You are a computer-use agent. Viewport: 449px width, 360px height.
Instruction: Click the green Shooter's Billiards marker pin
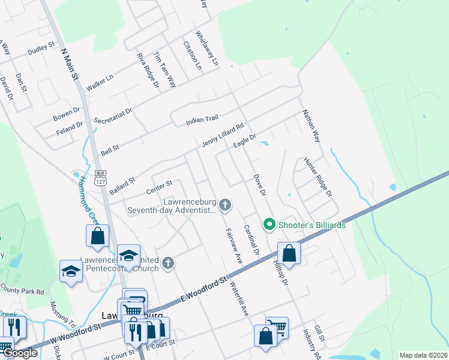(270, 225)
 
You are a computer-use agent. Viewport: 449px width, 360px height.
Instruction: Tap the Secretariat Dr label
(112, 107)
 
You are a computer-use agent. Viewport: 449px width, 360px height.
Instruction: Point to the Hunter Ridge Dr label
(318, 177)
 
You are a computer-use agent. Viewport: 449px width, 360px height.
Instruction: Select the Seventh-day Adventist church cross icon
(225, 206)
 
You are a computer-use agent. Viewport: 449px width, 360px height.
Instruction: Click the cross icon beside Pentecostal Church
(169, 262)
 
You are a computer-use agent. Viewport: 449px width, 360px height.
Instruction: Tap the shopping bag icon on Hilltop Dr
(289, 253)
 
